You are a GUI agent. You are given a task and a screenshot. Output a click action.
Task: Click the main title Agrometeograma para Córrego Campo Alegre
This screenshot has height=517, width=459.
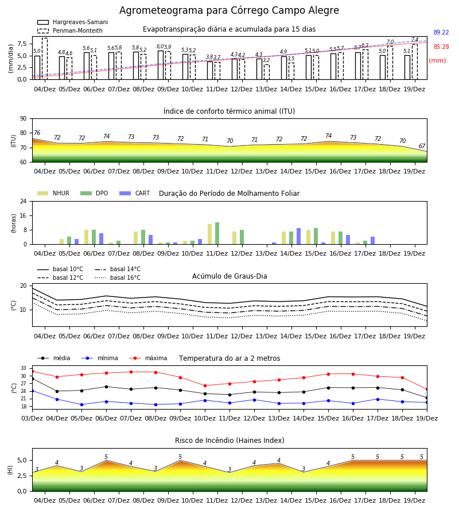point(229,10)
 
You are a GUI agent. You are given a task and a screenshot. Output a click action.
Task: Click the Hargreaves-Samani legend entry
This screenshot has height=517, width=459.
point(73,22)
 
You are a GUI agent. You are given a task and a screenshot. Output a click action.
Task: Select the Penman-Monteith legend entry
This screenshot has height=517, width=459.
point(70,30)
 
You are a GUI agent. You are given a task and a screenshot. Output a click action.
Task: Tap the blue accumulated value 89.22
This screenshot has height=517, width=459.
point(441,32)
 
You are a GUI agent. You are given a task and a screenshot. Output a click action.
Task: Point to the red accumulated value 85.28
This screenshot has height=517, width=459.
point(441,47)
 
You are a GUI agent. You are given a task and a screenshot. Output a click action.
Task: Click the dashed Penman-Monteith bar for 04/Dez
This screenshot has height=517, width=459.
point(45,59)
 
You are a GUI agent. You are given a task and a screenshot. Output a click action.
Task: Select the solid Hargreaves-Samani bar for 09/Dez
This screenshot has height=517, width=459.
point(161,65)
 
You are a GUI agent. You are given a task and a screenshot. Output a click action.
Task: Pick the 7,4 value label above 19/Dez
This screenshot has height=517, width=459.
point(415,40)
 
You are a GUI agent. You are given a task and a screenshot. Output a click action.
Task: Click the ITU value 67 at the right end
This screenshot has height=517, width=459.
point(422,146)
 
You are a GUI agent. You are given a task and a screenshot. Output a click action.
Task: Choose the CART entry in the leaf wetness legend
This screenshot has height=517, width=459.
point(135,193)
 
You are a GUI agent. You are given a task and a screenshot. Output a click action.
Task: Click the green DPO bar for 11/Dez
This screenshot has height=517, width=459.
point(217,233)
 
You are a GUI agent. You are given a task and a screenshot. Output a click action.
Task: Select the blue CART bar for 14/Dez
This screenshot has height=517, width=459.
point(299,236)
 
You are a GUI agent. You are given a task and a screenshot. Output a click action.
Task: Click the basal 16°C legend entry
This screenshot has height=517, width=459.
point(118,277)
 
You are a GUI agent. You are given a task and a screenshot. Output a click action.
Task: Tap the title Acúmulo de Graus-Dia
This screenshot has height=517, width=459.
point(229,276)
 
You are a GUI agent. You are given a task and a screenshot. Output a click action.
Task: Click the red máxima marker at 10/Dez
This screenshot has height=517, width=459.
point(205,385)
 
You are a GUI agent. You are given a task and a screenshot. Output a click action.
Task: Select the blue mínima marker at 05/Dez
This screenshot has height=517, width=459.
point(81,404)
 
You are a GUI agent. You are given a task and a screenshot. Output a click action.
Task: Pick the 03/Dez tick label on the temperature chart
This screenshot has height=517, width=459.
point(32,418)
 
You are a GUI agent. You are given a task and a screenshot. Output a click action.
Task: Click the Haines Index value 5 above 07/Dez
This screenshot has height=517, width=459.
point(106,457)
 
